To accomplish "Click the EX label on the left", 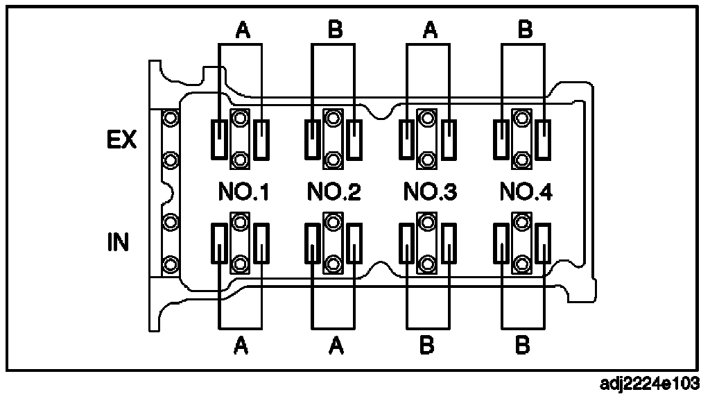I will [121, 141].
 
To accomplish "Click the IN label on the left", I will [118, 244].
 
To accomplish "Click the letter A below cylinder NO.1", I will [241, 345].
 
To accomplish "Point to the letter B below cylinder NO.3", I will [428, 345].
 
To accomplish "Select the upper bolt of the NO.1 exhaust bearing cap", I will [240, 119].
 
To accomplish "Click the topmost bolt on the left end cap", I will [168, 119].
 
